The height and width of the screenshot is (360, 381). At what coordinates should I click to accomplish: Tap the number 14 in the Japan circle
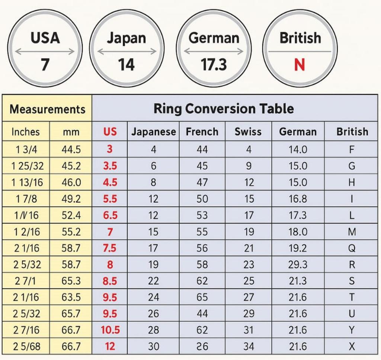pyautogui.click(x=127, y=65)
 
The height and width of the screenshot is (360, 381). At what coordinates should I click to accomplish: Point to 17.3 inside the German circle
pyautogui.click(x=214, y=65)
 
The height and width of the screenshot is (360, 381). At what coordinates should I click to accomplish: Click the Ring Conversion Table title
pyautogui.click(x=224, y=109)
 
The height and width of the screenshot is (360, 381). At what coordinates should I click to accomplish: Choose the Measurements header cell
pyautogui.click(x=47, y=109)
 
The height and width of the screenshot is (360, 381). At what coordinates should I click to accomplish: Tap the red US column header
pyautogui.click(x=110, y=132)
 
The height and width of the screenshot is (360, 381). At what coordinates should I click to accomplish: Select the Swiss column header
pyautogui.click(x=248, y=132)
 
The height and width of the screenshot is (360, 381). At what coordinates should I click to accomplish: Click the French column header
pyautogui.click(x=202, y=132)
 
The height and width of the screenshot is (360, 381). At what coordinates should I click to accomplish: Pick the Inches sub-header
pyautogui.click(x=25, y=132)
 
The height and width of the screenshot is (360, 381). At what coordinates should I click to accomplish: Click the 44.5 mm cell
pyautogui.click(x=71, y=150)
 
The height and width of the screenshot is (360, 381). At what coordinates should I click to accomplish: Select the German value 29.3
pyautogui.click(x=298, y=265)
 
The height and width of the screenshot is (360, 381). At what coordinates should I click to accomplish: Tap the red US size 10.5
pyautogui.click(x=110, y=330)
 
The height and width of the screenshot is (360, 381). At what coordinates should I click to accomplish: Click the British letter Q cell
pyautogui.click(x=352, y=248)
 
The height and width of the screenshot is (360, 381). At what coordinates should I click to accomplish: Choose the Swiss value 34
pyautogui.click(x=249, y=347)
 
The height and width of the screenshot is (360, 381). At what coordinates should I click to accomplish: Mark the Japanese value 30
pyautogui.click(x=154, y=347)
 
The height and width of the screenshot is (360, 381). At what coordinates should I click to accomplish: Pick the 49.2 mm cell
pyautogui.click(x=71, y=199)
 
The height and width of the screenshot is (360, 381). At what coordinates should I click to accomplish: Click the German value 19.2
pyautogui.click(x=298, y=248)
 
